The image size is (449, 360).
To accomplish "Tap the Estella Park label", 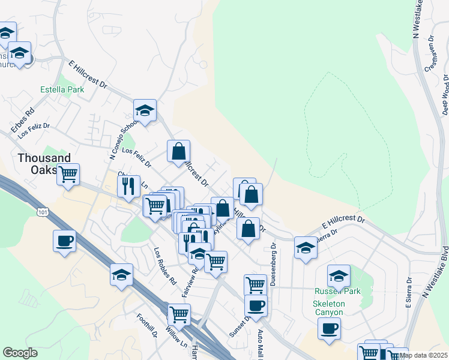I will pos(62,90).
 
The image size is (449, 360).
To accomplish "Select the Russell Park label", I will pos(337,292).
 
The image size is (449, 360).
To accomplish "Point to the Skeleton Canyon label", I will pos(328,307).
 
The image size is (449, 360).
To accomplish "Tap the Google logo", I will pos(20,352).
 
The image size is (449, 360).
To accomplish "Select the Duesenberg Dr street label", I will pos(272,264).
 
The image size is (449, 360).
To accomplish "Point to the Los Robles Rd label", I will pos(164,266).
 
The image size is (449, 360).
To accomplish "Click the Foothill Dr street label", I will pos(146,328).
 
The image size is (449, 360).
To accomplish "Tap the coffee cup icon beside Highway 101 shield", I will pos(64,241).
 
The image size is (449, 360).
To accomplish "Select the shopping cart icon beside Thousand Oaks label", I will pos(68,174).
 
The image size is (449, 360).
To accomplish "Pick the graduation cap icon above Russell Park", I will pos(339,276).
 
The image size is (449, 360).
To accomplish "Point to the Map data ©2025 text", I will pos(424,355).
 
